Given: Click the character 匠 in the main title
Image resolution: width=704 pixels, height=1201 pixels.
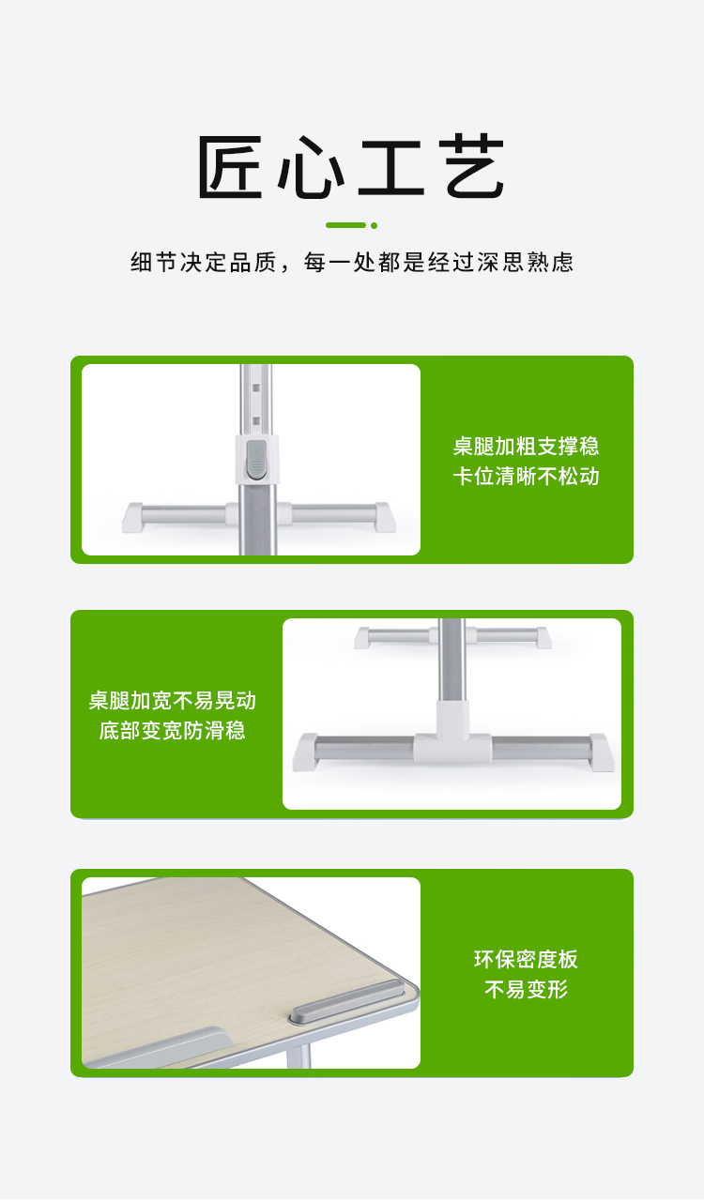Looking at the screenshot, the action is pyautogui.click(x=231, y=167).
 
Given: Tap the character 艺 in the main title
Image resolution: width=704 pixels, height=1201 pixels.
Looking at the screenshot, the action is pyautogui.click(x=471, y=167).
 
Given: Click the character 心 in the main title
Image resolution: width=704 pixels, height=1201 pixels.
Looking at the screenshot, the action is pyautogui.click(x=312, y=167).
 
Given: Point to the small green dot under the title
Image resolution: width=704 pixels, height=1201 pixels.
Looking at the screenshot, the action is pyautogui.click(x=374, y=226).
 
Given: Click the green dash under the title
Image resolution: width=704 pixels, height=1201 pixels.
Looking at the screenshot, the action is pyautogui.click(x=345, y=225).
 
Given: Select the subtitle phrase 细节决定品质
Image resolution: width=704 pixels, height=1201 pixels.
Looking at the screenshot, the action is pyautogui.click(x=204, y=262).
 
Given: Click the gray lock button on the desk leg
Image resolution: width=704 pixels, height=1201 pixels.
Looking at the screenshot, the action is pyautogui.click(x=256, y=459).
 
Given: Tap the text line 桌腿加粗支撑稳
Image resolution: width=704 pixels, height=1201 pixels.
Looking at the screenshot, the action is pyautogui.click(x=526, y=446).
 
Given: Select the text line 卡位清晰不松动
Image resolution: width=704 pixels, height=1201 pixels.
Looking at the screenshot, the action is pyautogui.click(x=526, y=476).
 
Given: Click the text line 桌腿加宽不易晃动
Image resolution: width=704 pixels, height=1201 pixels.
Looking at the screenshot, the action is pyautogui.click(x=172, y=700).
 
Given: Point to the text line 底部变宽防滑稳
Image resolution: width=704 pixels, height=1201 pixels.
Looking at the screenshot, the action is pyautogui.click(x=172, y=730).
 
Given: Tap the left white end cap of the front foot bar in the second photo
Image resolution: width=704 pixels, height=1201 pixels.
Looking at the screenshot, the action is pyautogui.click(x=305, y=753).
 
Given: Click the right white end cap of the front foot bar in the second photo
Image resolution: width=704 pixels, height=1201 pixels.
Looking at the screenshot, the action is pyautogui.click(x=602, y=753).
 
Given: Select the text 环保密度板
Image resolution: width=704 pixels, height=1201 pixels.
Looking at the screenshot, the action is pyautogui.click(x=526, y=959).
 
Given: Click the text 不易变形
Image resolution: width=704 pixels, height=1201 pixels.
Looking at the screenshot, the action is pyautogui.click(x=526, y=989).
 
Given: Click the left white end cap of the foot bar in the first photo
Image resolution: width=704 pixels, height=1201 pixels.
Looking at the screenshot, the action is pyautogui.click(x=132, y=517).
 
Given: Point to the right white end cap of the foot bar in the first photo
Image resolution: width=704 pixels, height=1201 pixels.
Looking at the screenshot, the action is pyautogui.click(x=385, y=517).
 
